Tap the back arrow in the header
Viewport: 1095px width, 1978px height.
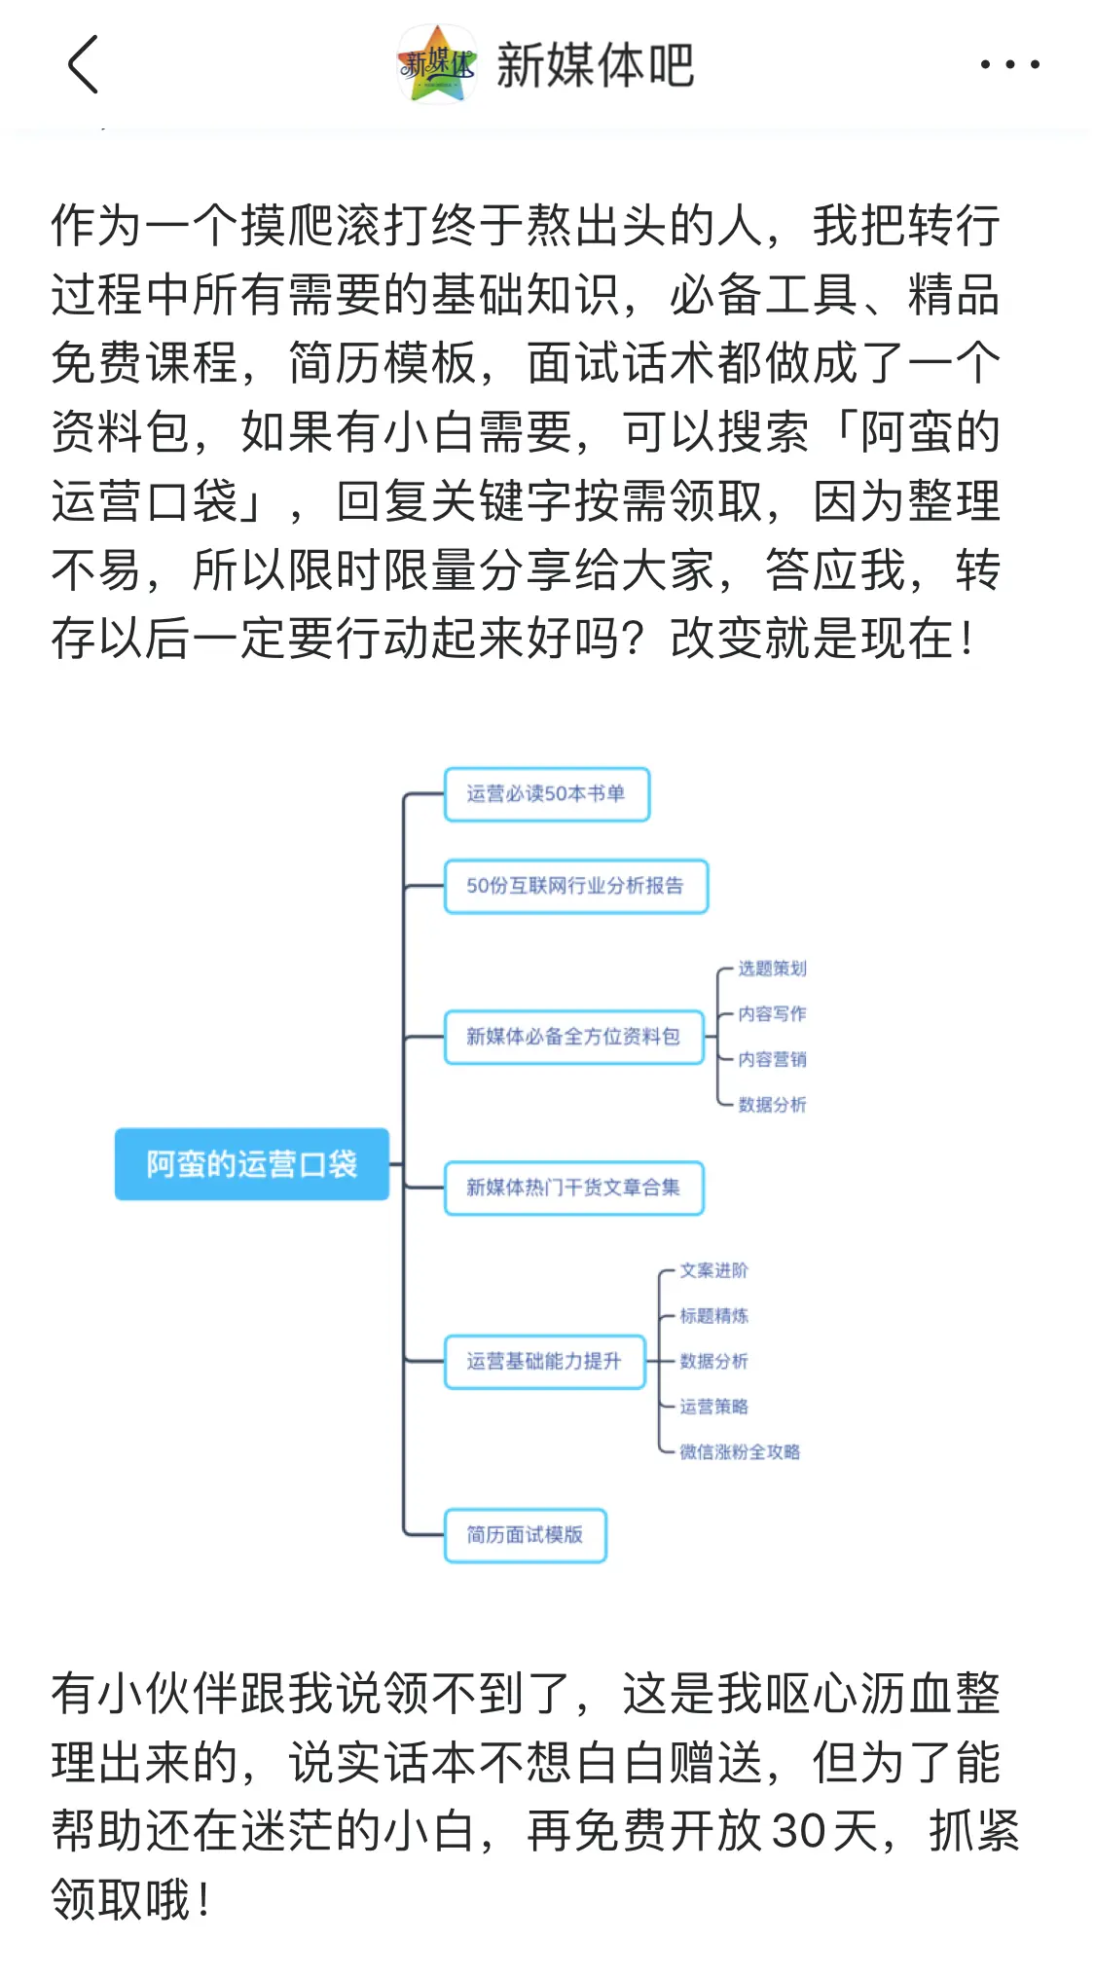[84, 64]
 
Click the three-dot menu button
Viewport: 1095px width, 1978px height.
[1009, 64]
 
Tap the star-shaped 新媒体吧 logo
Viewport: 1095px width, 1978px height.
[437, 64]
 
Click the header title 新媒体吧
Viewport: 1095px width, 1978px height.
[595, 65]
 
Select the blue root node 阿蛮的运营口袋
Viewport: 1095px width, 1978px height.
[252, 1164]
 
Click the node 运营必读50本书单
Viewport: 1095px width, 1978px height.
[547, 794]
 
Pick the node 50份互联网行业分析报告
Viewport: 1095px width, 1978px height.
[576, 886]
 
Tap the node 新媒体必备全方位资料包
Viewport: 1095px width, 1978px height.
[573, 1037]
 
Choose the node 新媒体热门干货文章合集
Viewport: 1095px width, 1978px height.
[573, 1188]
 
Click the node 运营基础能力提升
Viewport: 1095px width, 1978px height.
[544, 1361]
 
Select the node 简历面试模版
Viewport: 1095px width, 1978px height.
[525, 1535]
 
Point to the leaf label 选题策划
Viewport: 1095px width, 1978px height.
[772, 969]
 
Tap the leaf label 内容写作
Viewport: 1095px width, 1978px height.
[772, 1014]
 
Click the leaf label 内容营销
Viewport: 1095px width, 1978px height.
[772, 1059]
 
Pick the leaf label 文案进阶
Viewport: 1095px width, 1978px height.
[713, 1270]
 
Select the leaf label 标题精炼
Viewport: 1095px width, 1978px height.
[713, 1316]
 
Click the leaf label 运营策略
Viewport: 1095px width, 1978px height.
[713, 1407]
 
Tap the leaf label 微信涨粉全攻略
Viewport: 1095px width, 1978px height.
[740, 1452]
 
